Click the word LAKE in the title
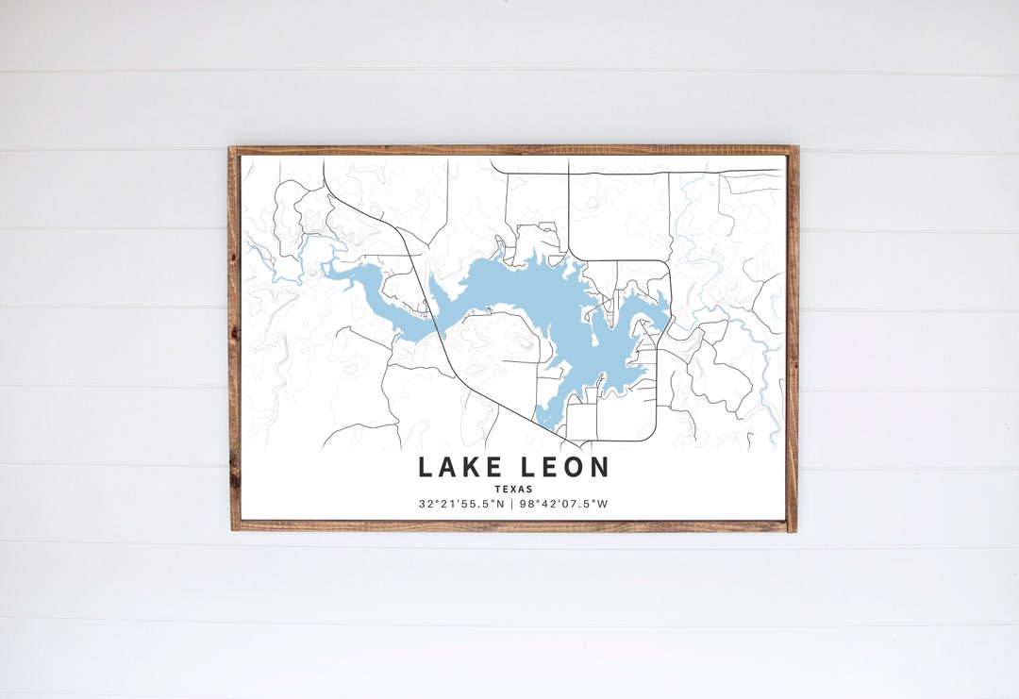pyautogui.click(x=460, y=467)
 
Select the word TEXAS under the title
pyautogui.click(x=513, y=489)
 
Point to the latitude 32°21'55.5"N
pyautogui.click(x=461, y=504)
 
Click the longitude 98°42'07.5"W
pyautogui.click(x=564, y=504)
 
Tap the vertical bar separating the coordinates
pyautogui.click(x=512, y=504)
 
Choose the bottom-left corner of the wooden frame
pyautogui.click(x=234, y=526)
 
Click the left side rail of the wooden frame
pyautogui.click(x=233, y=340)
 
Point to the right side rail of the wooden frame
pyautogui.click(x=793, y=340)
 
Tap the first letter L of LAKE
pyautogui.click(x=426, y=467)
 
